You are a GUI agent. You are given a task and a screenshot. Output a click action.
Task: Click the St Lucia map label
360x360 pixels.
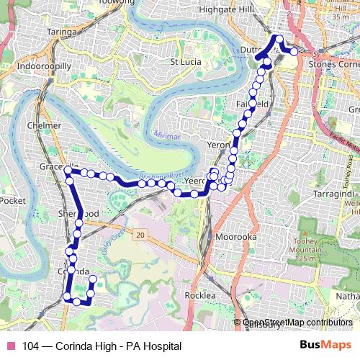click(x=184, y=62)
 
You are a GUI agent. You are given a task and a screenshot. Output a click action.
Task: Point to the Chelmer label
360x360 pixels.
click(x=43, y=125)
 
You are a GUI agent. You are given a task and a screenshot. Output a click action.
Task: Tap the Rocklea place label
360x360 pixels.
click(x=200, y=296)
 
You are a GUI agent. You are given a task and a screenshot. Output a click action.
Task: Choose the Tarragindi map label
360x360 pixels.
click(x=333, y=194)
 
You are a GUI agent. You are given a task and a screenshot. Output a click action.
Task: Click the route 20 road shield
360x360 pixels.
click(x=139, y=235)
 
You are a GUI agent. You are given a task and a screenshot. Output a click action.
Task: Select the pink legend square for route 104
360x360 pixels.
click(x=11, y=346)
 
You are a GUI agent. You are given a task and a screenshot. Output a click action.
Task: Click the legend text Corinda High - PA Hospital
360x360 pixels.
click(x=101, y=346)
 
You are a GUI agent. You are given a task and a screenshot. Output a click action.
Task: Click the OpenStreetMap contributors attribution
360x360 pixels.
click(x=297, y=323)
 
